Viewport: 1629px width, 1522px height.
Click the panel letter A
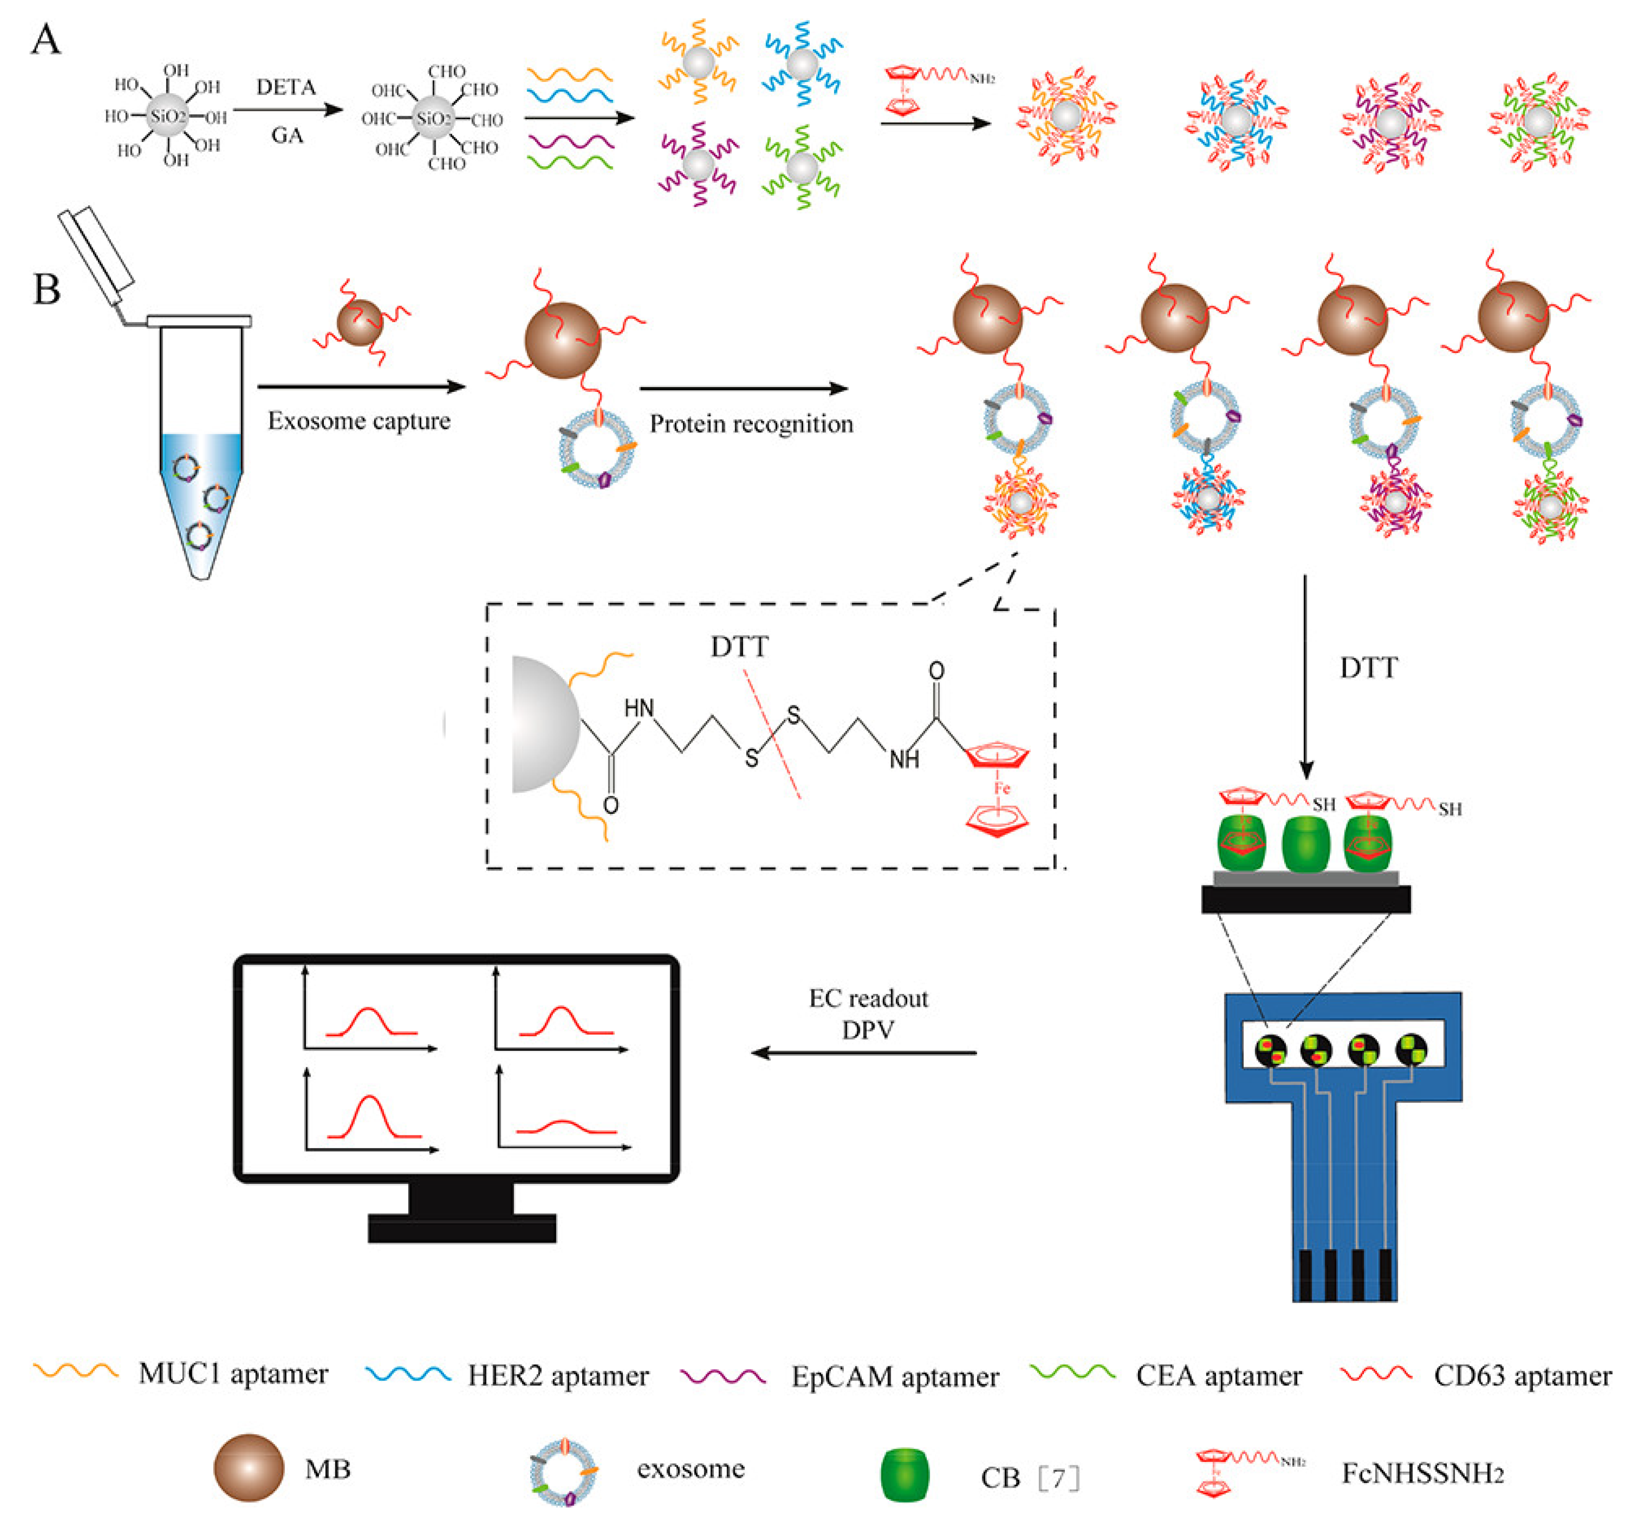click(46, 39)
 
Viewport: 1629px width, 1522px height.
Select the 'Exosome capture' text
click(359, 421)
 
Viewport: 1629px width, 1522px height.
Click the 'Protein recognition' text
click(751, 424)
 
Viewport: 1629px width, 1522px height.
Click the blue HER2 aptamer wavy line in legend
click(407, 1374)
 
